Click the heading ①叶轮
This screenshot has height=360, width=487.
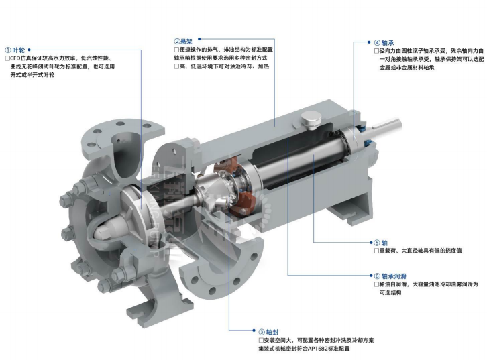coord(15,50)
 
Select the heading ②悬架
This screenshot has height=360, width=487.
coord(183,41)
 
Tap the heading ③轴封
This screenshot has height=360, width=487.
coord(269,332)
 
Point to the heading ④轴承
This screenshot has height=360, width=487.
coord(384,42)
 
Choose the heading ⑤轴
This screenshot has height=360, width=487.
coord(381,243)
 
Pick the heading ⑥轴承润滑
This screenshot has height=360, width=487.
coord(390,276)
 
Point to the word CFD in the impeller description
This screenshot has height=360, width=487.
coord(15,58)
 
